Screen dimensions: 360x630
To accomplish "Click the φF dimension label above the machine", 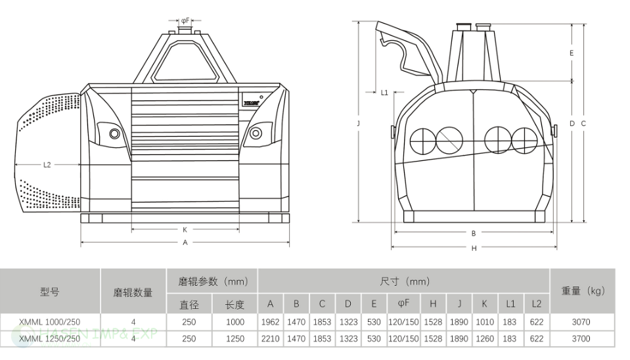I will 185,20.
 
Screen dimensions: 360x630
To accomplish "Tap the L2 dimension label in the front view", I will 47,165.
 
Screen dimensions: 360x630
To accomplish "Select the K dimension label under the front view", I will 185,230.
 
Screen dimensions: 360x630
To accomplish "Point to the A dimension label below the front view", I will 185,242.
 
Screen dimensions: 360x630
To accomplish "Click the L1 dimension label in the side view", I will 384,93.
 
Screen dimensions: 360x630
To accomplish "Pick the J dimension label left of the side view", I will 359,123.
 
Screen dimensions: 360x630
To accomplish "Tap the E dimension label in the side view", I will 572,53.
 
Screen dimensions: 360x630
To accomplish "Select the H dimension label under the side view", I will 474,248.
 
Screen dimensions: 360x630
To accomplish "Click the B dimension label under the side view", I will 474,233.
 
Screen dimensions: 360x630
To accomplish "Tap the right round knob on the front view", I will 256,133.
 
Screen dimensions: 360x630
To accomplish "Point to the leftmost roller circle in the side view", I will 421,139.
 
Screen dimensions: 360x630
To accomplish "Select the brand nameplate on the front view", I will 251,102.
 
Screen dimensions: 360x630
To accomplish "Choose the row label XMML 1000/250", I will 50,322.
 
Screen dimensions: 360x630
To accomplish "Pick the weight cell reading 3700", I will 581,338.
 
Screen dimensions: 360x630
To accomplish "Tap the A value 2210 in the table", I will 270,338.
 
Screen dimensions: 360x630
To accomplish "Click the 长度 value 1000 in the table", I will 235,322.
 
